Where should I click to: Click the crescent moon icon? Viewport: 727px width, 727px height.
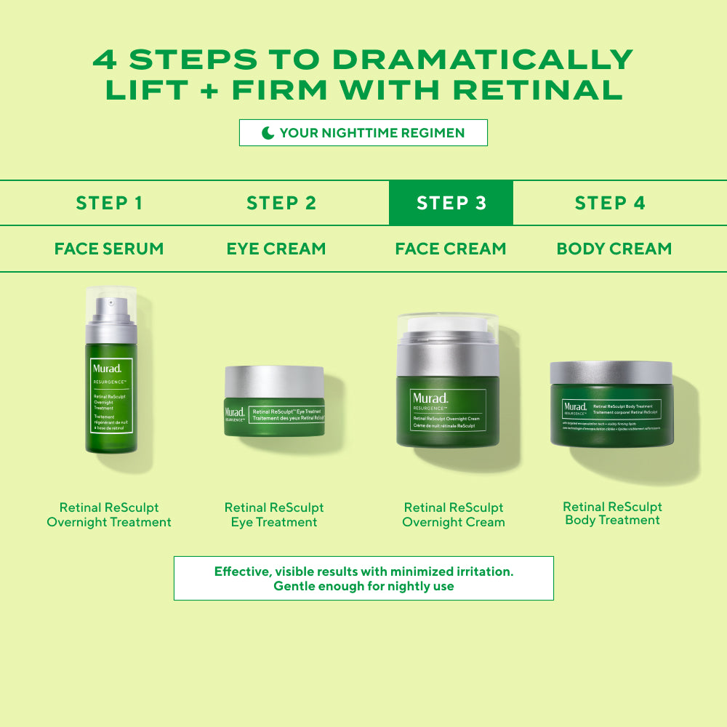point(268,133)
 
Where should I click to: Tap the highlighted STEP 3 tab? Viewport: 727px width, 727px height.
point(451,203)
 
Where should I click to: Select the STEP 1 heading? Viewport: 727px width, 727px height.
point(109,203)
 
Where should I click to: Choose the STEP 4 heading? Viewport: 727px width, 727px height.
point(609,203)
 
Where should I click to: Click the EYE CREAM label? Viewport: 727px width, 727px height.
point(276,249)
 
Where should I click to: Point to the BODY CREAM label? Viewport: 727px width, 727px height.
point(614,249)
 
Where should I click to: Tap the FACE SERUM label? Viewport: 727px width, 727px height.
point(109,249)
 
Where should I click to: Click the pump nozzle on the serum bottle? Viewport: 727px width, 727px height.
point(110,302)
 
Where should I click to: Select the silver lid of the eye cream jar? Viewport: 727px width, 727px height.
point(274,382)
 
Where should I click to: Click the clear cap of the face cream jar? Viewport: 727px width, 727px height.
point(447,326)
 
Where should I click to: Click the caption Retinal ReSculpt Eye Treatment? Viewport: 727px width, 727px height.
point(274,515)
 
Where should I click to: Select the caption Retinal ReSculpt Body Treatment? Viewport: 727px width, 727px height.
point(612,513)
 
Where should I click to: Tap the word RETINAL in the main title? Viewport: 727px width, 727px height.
point(538,90)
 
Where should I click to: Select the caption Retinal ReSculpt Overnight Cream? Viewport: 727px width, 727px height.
point(453,515)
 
